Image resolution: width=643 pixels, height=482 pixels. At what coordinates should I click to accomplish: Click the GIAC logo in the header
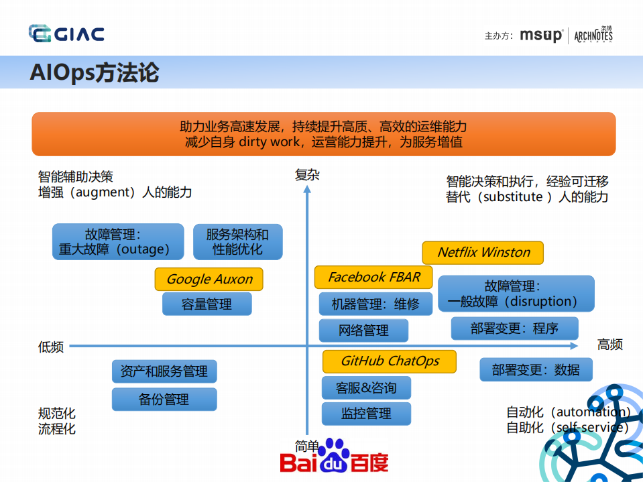[66, 34]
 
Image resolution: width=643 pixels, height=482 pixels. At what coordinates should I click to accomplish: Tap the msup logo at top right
[541, 36]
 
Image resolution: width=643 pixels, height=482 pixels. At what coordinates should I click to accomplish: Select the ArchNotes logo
[593, 36]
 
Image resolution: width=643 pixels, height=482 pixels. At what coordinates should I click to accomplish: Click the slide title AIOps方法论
[94, 72]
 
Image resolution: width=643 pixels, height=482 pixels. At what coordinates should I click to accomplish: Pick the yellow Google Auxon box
[209, 280]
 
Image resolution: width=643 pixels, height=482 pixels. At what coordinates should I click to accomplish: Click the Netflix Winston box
[483, 253]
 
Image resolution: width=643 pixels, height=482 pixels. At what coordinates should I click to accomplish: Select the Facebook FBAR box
[373, 277]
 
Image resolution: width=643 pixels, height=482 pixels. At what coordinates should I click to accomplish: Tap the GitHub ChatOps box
[390, 361]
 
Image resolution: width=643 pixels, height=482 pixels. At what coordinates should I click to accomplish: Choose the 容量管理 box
[207, 304]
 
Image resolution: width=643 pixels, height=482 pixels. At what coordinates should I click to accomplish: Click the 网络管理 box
[363, 330]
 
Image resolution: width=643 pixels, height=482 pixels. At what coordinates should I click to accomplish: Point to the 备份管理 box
[164, 400]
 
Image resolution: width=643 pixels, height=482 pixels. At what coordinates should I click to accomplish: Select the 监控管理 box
[366, 414]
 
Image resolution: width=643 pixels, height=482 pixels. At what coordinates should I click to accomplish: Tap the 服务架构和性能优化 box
[237, 242]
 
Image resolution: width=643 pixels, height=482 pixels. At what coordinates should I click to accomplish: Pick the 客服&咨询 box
[366, 388]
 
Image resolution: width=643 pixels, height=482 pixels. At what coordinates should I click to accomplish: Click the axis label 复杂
[307, 176]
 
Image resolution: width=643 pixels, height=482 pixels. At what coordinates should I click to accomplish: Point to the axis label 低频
[51, 347]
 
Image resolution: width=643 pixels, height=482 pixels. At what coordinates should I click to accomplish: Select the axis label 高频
[609, 345]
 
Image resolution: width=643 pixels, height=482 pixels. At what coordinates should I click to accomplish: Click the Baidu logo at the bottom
[334, 457]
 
